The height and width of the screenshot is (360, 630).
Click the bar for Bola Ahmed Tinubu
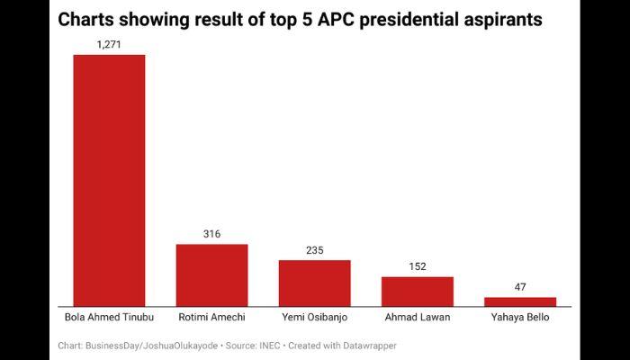[x=109, y=180]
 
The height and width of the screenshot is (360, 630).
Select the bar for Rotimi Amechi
[x=211, y=274]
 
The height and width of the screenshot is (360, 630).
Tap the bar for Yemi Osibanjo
[x=314, y=283]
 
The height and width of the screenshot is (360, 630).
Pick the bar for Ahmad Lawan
[x=417, y=291]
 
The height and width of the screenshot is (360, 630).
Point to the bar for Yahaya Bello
[x=520, y=301]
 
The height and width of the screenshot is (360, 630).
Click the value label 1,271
[x=109, y=43]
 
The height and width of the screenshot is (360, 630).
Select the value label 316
[x=211, y=233]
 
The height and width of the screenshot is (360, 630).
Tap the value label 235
[x=314, y=249]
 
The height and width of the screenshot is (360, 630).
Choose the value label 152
[x=417, y=265]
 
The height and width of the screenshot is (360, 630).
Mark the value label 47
[x=520, y=286]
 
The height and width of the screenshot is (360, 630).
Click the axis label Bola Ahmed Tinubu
[x=109, y=318]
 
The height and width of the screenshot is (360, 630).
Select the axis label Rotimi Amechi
[x=211, y=318]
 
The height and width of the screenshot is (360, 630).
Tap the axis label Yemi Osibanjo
[x=314, y=318]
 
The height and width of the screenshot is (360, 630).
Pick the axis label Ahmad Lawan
[x=417, y=318]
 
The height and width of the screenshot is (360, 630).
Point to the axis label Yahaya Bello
[x=520, y=318]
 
